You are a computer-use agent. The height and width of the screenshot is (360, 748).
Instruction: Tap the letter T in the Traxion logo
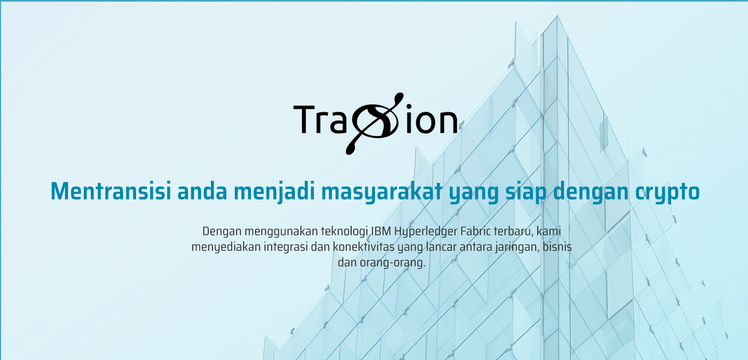coord(303,119)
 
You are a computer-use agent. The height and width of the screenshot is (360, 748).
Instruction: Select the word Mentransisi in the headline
coord(111,191)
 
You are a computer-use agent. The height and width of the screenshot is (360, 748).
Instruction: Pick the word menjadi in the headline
coord(274,193)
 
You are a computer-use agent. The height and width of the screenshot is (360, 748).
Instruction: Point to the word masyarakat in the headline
coord(382,193)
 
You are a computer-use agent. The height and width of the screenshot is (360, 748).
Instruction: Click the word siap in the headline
coord(526,193)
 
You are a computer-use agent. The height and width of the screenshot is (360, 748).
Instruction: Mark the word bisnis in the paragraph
coord(557,247)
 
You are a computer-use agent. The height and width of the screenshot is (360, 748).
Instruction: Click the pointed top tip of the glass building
coord(557,15)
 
